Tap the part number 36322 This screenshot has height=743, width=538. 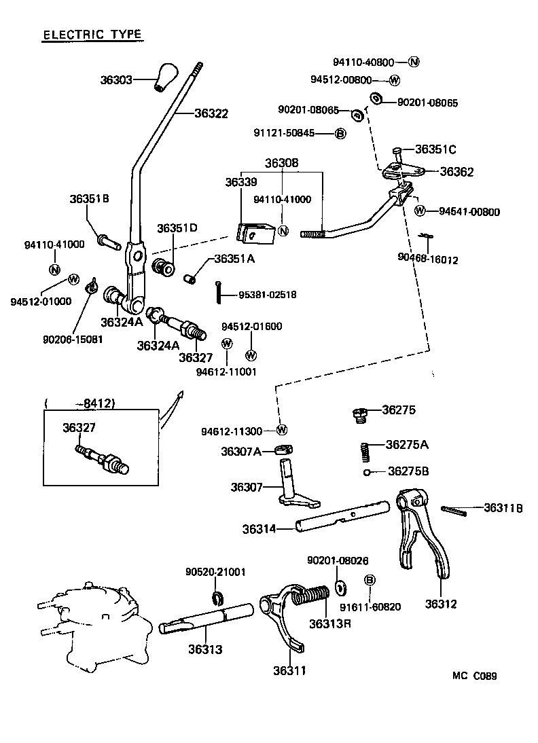point(211,114)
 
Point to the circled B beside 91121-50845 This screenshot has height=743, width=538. point(341,133)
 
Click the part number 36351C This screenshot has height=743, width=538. point(435,149)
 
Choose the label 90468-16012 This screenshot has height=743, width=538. point(427,259)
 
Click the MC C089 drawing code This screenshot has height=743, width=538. point(475,676)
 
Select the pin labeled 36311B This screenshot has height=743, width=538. point(453,510)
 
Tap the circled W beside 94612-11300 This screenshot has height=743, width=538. point(282,430)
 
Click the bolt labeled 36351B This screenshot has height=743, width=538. point(109,239)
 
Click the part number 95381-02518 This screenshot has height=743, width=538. point(267,295)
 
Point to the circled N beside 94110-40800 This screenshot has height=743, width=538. point(414,62)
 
